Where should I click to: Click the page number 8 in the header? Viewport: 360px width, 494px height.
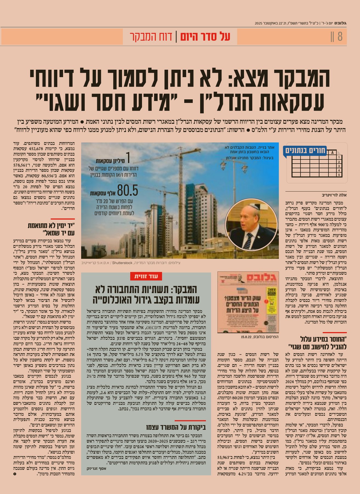pos(340,37)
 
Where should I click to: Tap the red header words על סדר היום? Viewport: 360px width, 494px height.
pos(205,37)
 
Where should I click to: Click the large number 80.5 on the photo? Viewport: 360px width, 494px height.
pos(127,190)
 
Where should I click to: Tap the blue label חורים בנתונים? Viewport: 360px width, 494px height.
pos(305,151)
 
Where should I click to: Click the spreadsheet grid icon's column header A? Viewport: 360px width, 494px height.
pos(333,153)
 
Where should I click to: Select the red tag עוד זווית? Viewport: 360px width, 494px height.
pos(146,276)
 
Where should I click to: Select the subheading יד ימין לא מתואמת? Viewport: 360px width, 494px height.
pos(51,226)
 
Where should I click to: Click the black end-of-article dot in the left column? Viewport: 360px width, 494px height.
pos(15,474)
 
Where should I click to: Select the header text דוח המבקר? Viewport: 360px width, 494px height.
pos(151,37)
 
